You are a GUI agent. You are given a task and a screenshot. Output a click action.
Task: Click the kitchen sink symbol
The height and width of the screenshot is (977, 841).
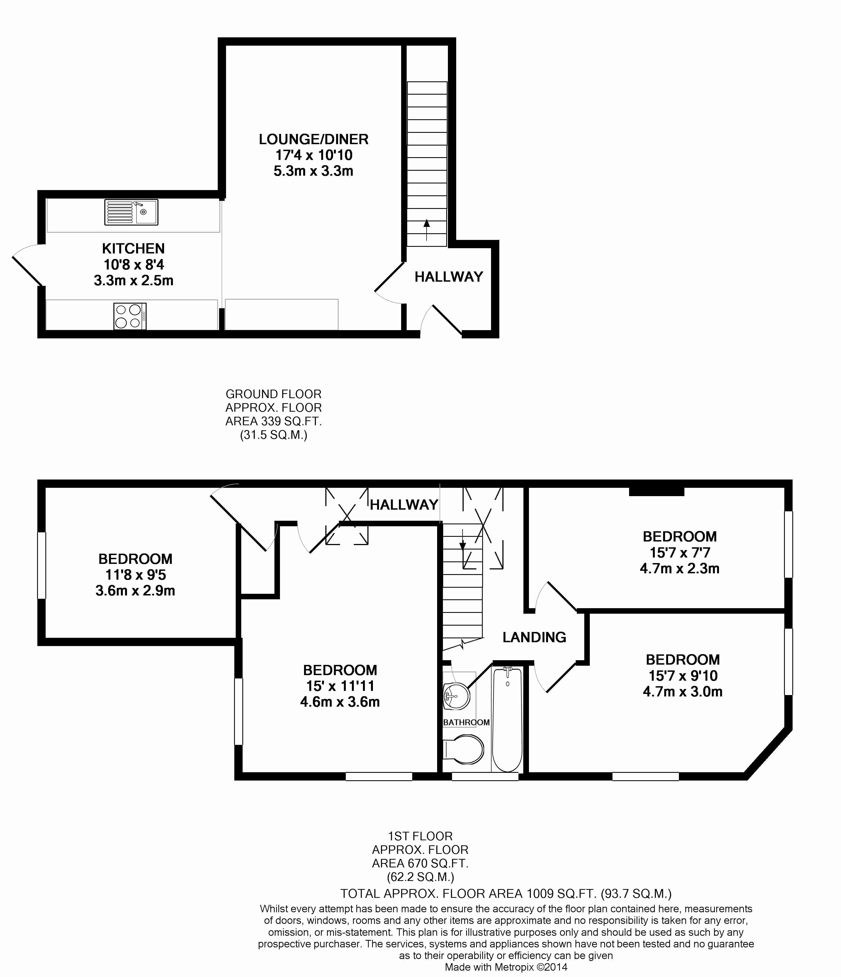[131, 212]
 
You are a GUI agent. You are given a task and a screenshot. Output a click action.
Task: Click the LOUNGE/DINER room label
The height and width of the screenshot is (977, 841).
[313, 139]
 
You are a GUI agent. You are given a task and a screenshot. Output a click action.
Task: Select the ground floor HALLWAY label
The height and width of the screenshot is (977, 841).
[449, 277]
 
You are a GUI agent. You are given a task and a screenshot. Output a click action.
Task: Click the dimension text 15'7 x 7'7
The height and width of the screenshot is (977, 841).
[680, 552]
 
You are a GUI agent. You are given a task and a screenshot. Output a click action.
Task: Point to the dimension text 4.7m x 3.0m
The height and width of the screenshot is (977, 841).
[682, 692]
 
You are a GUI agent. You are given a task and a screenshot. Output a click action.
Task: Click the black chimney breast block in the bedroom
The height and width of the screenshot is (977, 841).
[656, 491]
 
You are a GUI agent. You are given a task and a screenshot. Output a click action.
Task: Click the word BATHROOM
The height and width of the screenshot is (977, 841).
[466, 722]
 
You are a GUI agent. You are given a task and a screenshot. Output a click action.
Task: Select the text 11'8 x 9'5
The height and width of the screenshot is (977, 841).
[135, 575]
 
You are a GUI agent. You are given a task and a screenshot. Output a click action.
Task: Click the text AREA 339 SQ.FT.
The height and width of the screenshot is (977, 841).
[273, 421]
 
